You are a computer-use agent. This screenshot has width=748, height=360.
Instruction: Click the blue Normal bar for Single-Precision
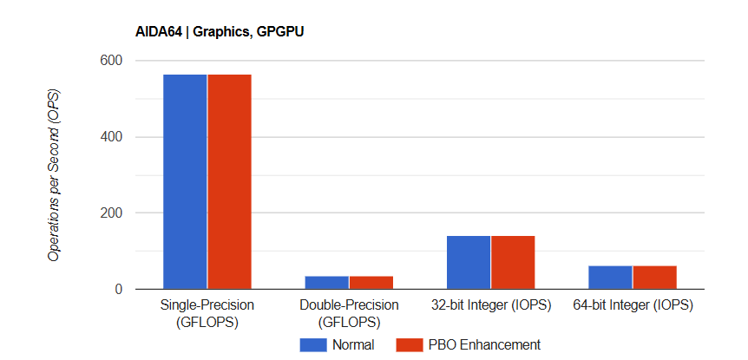[x=185, y=181]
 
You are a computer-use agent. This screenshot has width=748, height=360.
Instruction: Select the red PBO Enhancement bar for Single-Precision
[x=229, y=181]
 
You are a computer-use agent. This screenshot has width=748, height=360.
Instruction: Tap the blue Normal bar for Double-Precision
[x=326, y=283]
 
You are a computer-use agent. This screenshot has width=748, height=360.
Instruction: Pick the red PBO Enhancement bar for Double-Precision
[x=371, y=283]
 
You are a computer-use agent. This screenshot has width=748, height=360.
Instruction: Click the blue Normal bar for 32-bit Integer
[x=469, y=262]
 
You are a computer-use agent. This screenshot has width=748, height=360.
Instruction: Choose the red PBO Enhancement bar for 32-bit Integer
[x=513, y=262]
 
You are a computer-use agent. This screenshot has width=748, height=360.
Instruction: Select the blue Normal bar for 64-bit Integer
[x=610, y=278]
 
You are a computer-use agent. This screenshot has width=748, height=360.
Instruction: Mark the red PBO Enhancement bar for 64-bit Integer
[x=654, y=278]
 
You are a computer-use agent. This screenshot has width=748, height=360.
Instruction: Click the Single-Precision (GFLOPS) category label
[x=207, y=313]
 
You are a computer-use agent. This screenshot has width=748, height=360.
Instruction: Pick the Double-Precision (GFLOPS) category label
[x=349, y=313]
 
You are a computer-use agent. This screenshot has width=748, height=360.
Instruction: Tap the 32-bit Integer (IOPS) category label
[x=491, y=305]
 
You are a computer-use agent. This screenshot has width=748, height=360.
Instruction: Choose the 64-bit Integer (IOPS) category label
[x=633, y=305]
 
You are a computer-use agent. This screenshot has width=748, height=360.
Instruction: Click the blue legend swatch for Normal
[x=312, y=344]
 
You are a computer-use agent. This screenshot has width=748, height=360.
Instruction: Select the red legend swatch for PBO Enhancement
[x=408, y=344]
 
